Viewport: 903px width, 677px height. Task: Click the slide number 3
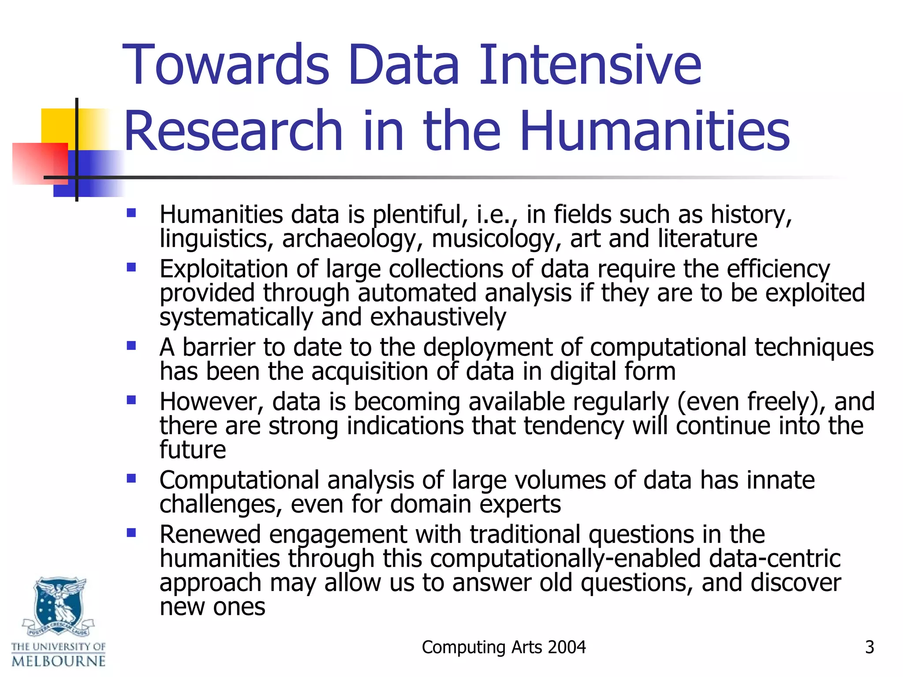869,647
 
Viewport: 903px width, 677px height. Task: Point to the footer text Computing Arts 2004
504,647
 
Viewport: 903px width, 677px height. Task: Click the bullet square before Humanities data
131,213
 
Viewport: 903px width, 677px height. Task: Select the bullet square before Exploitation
131,268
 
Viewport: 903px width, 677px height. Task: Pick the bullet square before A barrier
131,346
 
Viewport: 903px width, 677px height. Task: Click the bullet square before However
131,400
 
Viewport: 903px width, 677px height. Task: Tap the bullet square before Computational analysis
131,478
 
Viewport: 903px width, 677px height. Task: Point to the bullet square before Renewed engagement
131,533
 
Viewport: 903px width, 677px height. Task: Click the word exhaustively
438,317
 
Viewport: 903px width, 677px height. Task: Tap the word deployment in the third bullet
488,347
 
